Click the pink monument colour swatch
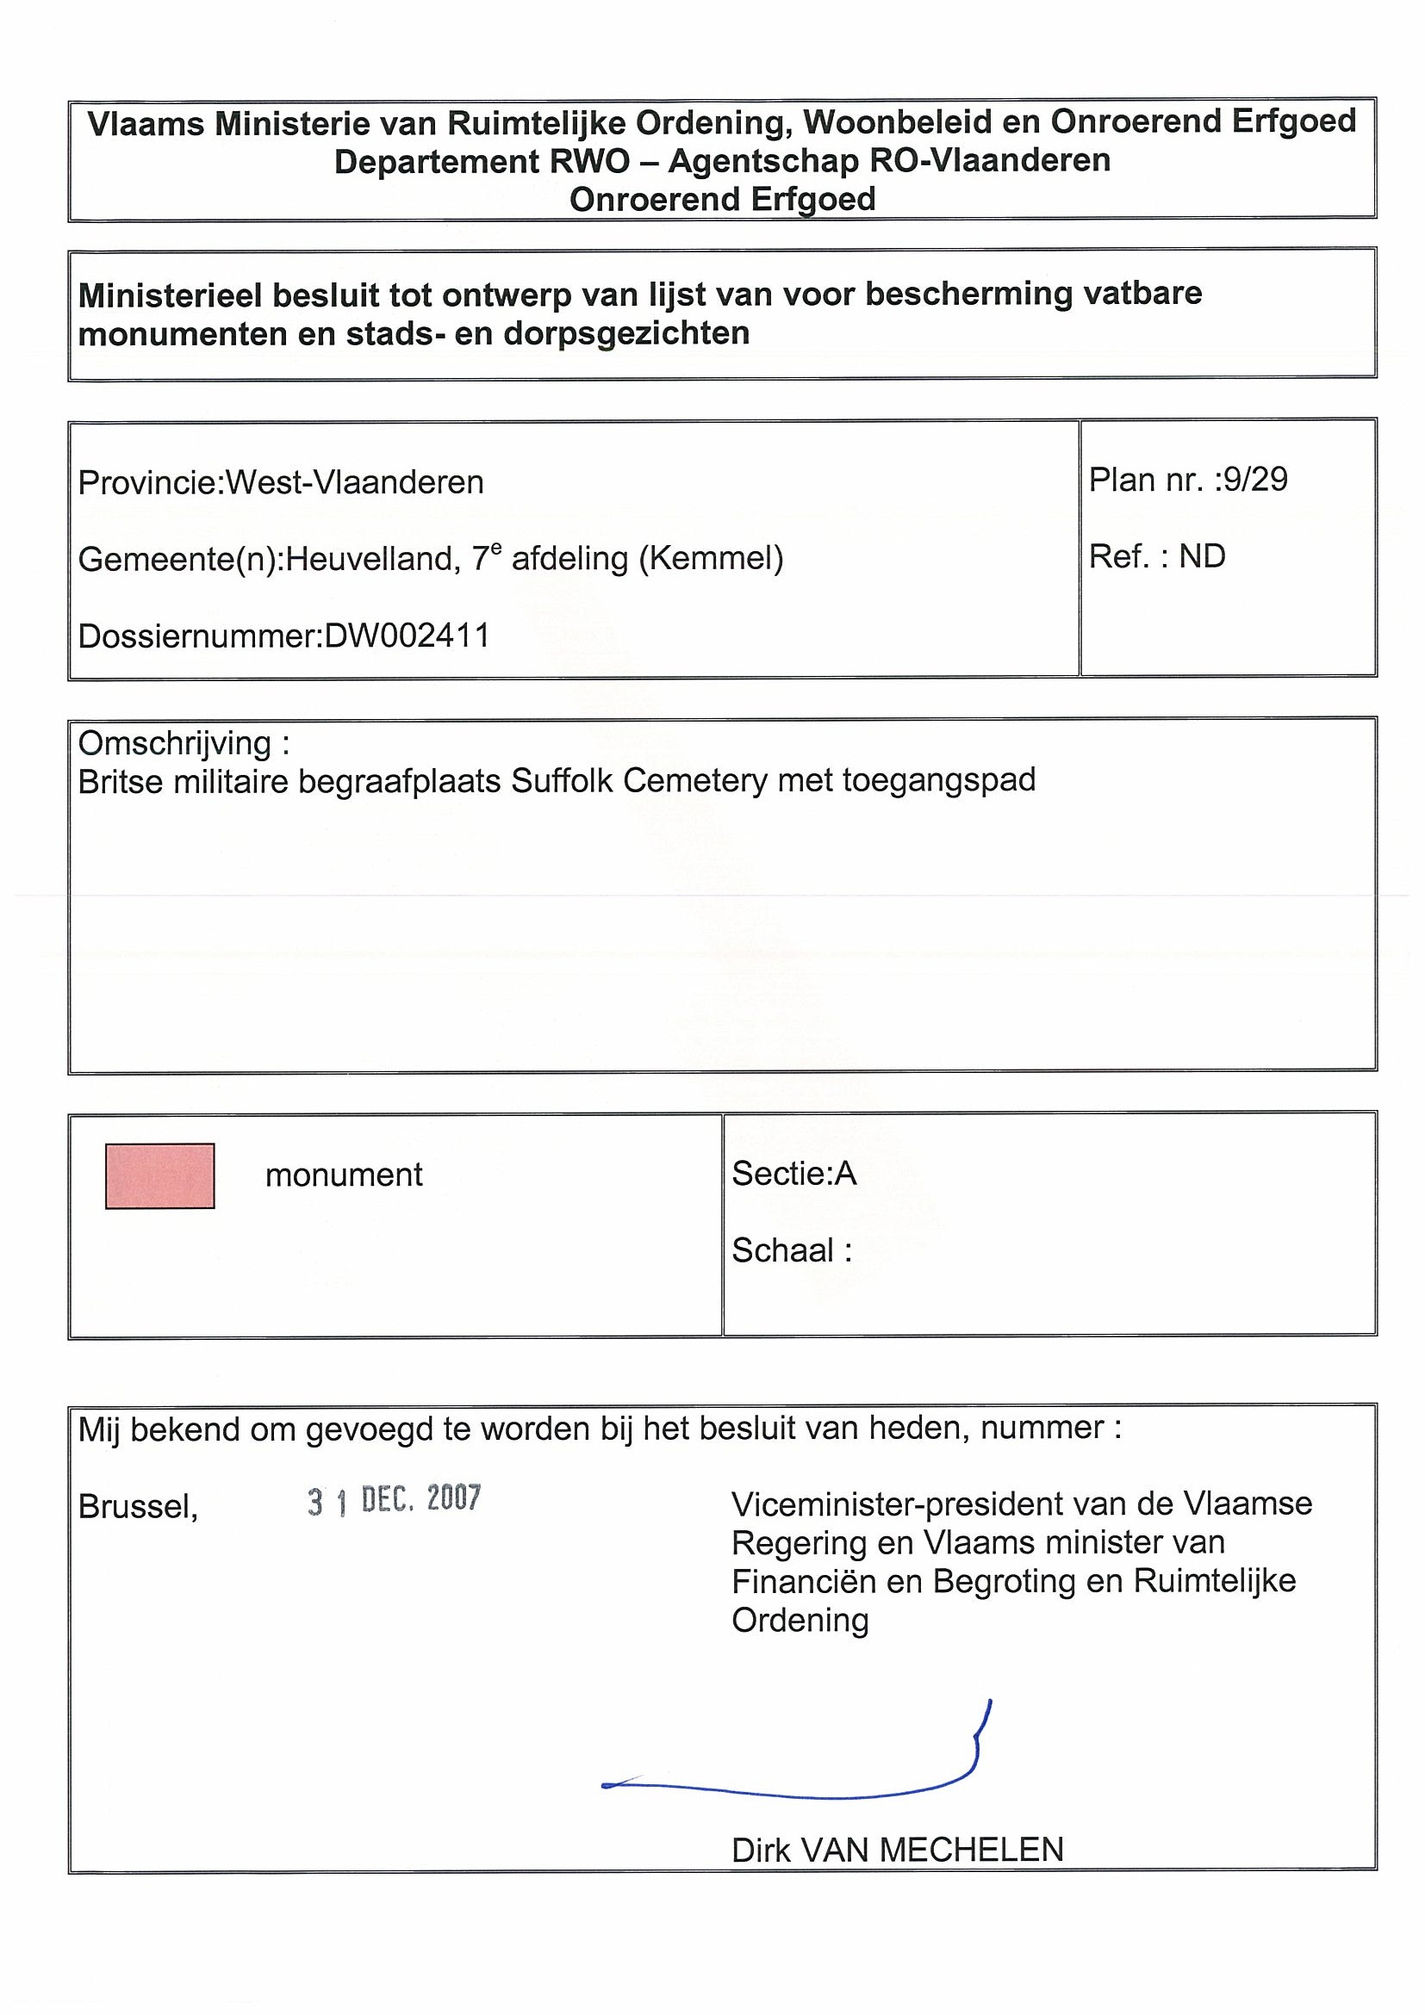click(x=159, y=1175)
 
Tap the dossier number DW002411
click(x=407, y=635)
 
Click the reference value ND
click(x=1202, y=556)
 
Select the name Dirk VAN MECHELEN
click(x=898, y=1850)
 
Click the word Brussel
click(x=138, y=1507)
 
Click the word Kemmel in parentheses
click(x=711, y=558)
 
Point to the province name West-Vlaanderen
click(x=355, y=483)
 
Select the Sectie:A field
click(x=793, y=1174)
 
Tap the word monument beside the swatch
click(x=343, y=1175)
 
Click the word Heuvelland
click(x=369, y=559)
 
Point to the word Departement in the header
click(x=436, y=162)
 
